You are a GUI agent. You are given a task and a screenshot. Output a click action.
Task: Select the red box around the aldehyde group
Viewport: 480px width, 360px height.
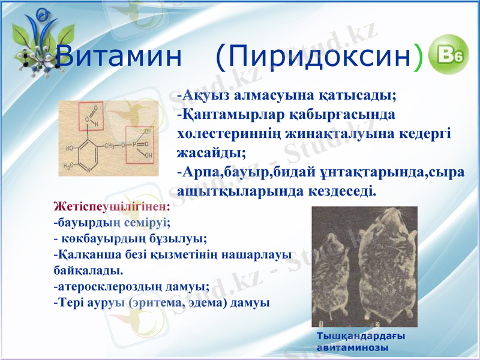click(x=91, y=116)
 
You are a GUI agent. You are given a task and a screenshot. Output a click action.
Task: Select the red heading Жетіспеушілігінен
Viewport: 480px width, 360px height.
click(x=112, y=206)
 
